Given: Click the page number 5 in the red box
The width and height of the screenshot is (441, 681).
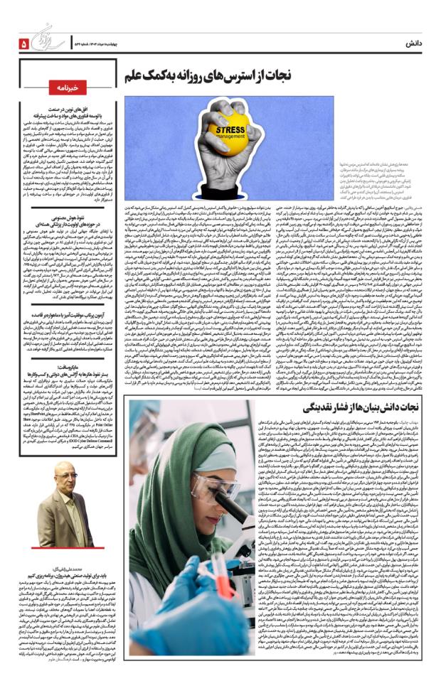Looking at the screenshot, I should coord(23,43).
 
